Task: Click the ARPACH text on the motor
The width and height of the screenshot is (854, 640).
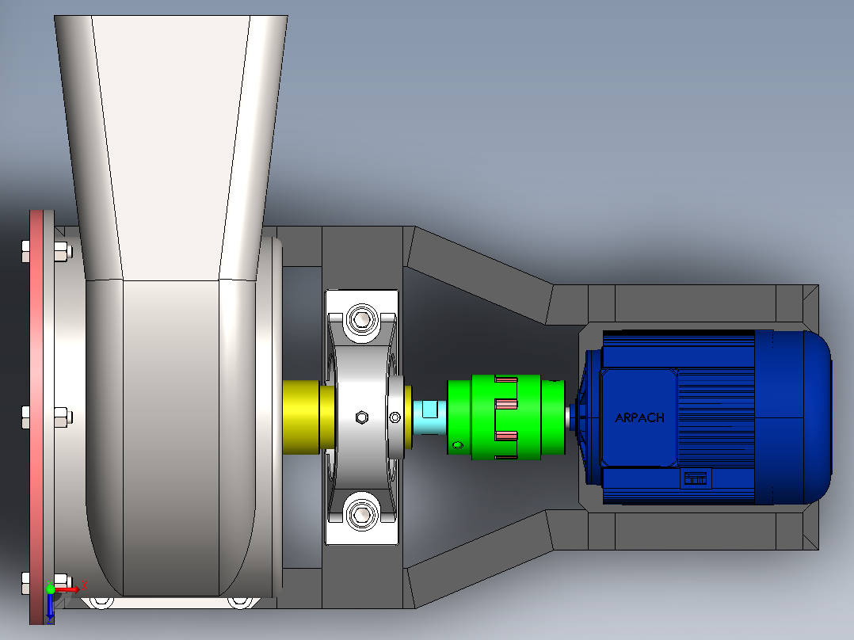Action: tap(639, 417)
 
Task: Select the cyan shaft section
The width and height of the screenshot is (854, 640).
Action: tap(429, 417)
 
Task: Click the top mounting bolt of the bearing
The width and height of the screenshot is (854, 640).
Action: tap(362, 318)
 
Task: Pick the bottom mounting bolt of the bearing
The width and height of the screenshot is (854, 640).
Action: tap(362, 513)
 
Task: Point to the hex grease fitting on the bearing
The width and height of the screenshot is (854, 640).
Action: tap(361, 417)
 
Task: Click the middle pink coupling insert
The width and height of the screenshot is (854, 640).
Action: tap(506, 404)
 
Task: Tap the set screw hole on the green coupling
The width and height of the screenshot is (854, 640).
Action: tap(458, 446)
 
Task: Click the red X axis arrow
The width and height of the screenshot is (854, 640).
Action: tap(68, 589)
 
